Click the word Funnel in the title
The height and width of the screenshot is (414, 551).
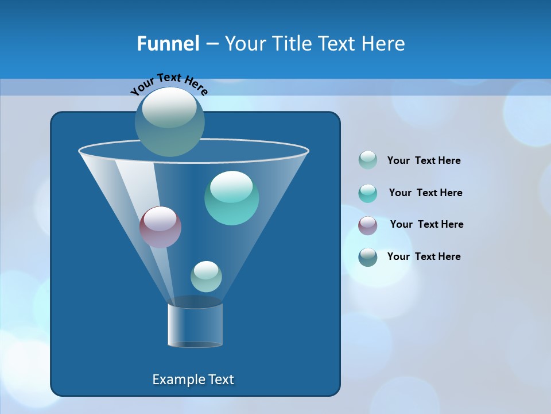[x=168, y=44]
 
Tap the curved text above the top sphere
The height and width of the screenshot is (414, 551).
[x=169, y=83]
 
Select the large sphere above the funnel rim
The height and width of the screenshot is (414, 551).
[x=169, y=122]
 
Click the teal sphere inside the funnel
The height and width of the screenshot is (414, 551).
[x=231, y=198]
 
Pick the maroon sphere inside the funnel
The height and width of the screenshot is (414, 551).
[x=160, y=227]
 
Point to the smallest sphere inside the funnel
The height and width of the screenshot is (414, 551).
[x=206, y=276]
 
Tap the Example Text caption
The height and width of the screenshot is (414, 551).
[x=193, y=379]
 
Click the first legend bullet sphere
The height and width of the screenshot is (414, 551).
[x=368, y=160]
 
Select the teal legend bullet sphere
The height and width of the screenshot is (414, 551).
[x=368, y=193]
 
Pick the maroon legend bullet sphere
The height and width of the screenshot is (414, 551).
[x=368, y=225]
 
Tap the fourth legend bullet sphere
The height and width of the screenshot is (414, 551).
[x=368, y=257]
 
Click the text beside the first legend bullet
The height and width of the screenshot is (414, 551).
[x=424, y=161]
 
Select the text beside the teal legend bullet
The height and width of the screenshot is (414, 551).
[x=425, y=193]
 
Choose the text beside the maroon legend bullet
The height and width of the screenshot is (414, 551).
[x=426, y=225]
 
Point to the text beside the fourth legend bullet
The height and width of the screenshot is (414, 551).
[x=424, y=257]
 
